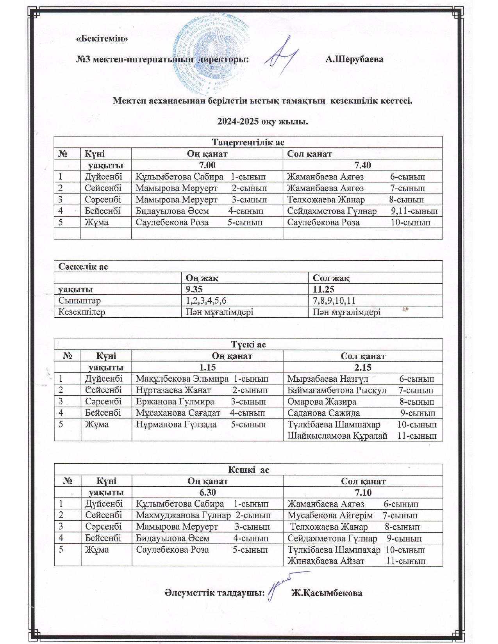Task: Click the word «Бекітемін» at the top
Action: pos(102,39)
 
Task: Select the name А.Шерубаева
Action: pos(354,60)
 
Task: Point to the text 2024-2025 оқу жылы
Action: pos(262,122)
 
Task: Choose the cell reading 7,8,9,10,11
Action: pos(334,301)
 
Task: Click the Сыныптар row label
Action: pos(79,301)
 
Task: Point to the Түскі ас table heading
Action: pos(248,344)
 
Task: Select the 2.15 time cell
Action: pos(363,367)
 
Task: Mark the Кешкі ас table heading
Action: pos(248,470)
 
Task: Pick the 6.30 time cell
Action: pos(207,492)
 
